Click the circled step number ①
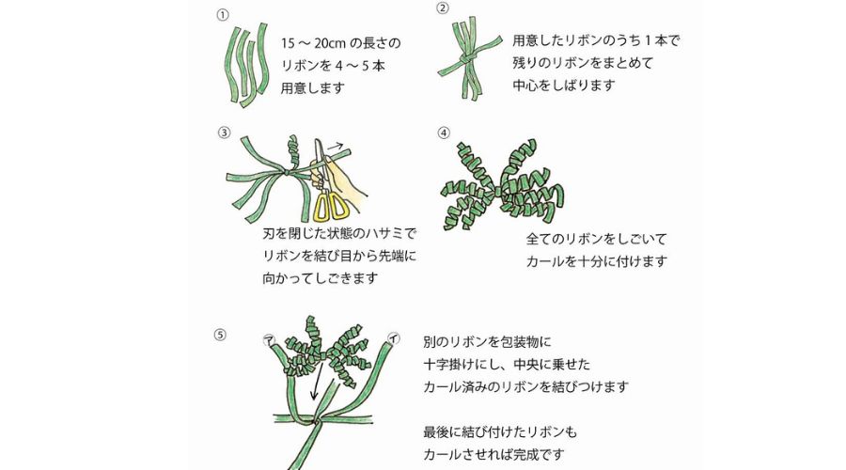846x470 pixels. click(223, 16)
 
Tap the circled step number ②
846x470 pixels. click(443, 9)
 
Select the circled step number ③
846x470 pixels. click(223, 133)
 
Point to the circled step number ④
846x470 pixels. click(444, 133)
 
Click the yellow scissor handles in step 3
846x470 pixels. click(329, 205)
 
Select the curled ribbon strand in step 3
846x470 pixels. click(292, 150)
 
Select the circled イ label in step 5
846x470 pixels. click(392, 337)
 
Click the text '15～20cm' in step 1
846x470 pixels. click(313, 44)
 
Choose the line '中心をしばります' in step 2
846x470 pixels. click(564, 86)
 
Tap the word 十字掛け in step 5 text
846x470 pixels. click(452, 363)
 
